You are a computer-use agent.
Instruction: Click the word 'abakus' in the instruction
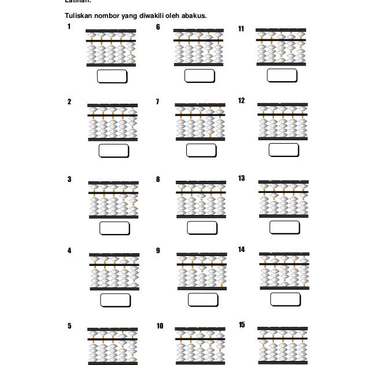(x=194, y=15)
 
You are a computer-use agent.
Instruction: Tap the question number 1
(x=69, y=27)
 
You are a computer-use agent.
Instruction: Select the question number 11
(x=241, y=28)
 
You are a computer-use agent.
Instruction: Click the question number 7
(x=157, y=102)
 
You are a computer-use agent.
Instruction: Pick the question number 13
(x=241, y=178)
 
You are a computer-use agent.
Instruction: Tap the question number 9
(x=157, y=250)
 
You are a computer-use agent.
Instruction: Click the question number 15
(x=241, y=324)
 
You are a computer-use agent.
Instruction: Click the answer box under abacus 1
(x=112, y=76)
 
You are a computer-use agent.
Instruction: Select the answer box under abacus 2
(x=113, y=151)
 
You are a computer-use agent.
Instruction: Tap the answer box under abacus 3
(x=115, y=228)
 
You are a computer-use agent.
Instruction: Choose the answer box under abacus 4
(x=115, y=300)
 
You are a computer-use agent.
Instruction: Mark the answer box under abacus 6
(x=200, y=76)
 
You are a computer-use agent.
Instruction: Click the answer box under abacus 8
(x=202, y=228)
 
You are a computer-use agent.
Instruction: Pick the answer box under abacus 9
(x=202, y=300)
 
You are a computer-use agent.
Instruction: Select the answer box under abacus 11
(x=282, y=75)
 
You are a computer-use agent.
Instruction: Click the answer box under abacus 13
(x=285, y=227)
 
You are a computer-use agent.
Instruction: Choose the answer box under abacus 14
(x=285, y=300)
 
